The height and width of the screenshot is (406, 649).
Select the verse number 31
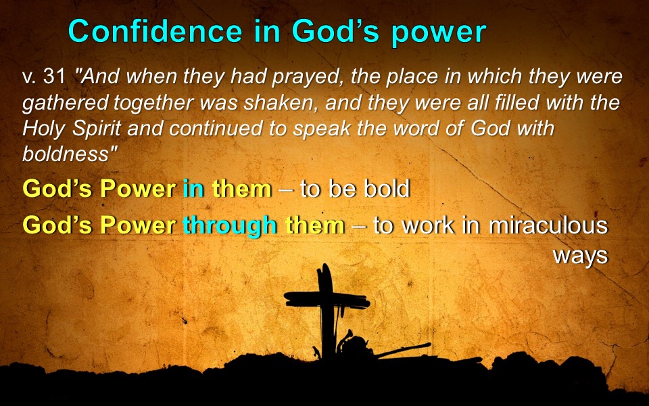[54, 77]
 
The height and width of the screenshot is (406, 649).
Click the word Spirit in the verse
[97, 129]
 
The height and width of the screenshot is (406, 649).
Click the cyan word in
[193, 189]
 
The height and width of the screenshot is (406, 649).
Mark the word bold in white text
[387, 189]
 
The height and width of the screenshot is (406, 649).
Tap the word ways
[580, 256]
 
